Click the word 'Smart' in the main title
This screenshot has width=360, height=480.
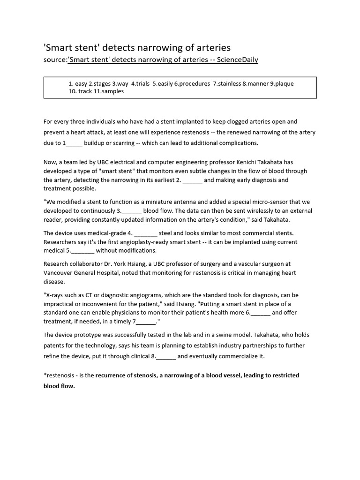tap(58, 47)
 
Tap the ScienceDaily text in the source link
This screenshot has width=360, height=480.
tap(237, 60)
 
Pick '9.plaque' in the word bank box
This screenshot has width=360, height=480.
tap(281, 83)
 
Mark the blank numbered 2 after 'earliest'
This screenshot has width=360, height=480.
tap(192, 180)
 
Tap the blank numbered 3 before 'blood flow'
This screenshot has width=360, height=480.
tap(131, 211)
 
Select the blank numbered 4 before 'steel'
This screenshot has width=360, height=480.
tap(146, 233)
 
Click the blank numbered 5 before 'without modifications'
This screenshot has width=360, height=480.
tap(82, 251)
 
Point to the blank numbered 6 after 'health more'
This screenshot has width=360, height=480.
tap(261, 313)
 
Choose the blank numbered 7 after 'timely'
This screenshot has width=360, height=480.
tap(147, 322)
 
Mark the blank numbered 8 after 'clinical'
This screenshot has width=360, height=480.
tap(166, 356)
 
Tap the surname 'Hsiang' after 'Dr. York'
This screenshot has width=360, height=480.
tap(134, 264)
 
